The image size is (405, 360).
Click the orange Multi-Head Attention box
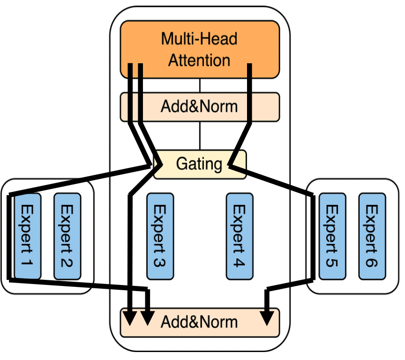(200, 49)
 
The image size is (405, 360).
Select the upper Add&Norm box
(200, 107)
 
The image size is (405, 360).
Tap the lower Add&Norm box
(200, 322)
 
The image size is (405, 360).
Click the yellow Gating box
(199, 165)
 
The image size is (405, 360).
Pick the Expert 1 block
(28, 236)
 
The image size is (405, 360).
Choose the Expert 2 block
(67, 236)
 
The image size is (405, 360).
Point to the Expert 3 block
(160, 236)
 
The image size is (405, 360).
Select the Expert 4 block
(240, 236)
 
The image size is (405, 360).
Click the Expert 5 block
(332, 236)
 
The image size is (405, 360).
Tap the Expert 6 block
(372, 236)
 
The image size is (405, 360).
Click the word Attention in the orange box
(199, 60)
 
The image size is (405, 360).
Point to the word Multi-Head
(199, 38)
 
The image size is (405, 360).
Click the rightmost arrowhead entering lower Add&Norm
(267, 319)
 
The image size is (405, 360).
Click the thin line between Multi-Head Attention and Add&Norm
(200, 85)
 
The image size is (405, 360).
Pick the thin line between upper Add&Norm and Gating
(200, 136)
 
